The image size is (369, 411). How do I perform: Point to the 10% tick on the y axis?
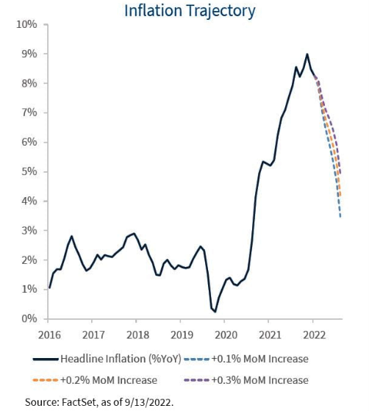point(26,24)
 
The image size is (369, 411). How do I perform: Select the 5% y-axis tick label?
point(29,171)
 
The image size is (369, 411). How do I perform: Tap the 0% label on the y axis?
point(29,318)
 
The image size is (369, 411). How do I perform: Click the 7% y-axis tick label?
point(29,112)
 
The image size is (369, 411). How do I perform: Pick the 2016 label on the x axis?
point(48,335)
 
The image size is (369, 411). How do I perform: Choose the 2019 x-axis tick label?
point(181,335)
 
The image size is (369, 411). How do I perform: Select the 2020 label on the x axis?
point(225,335)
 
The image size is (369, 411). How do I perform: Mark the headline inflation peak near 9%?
point(307,54)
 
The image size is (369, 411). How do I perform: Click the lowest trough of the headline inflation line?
point(215,312)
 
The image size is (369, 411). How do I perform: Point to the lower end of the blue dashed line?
point(340,217)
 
